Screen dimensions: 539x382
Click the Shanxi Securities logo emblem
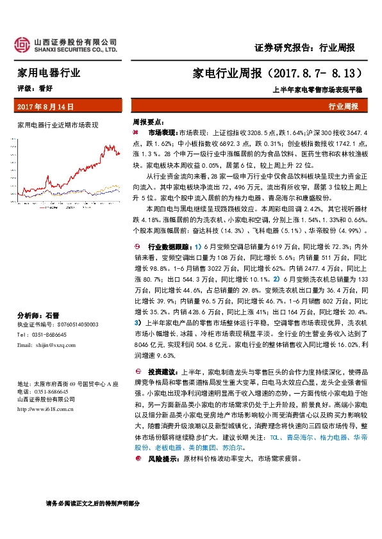point(24,44)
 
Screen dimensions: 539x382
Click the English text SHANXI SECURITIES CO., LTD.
point(76,49)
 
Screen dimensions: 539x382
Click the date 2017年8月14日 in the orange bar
point(46,106)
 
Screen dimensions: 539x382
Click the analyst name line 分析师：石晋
point(38,316)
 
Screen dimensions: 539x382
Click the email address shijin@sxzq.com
point(60,344)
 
